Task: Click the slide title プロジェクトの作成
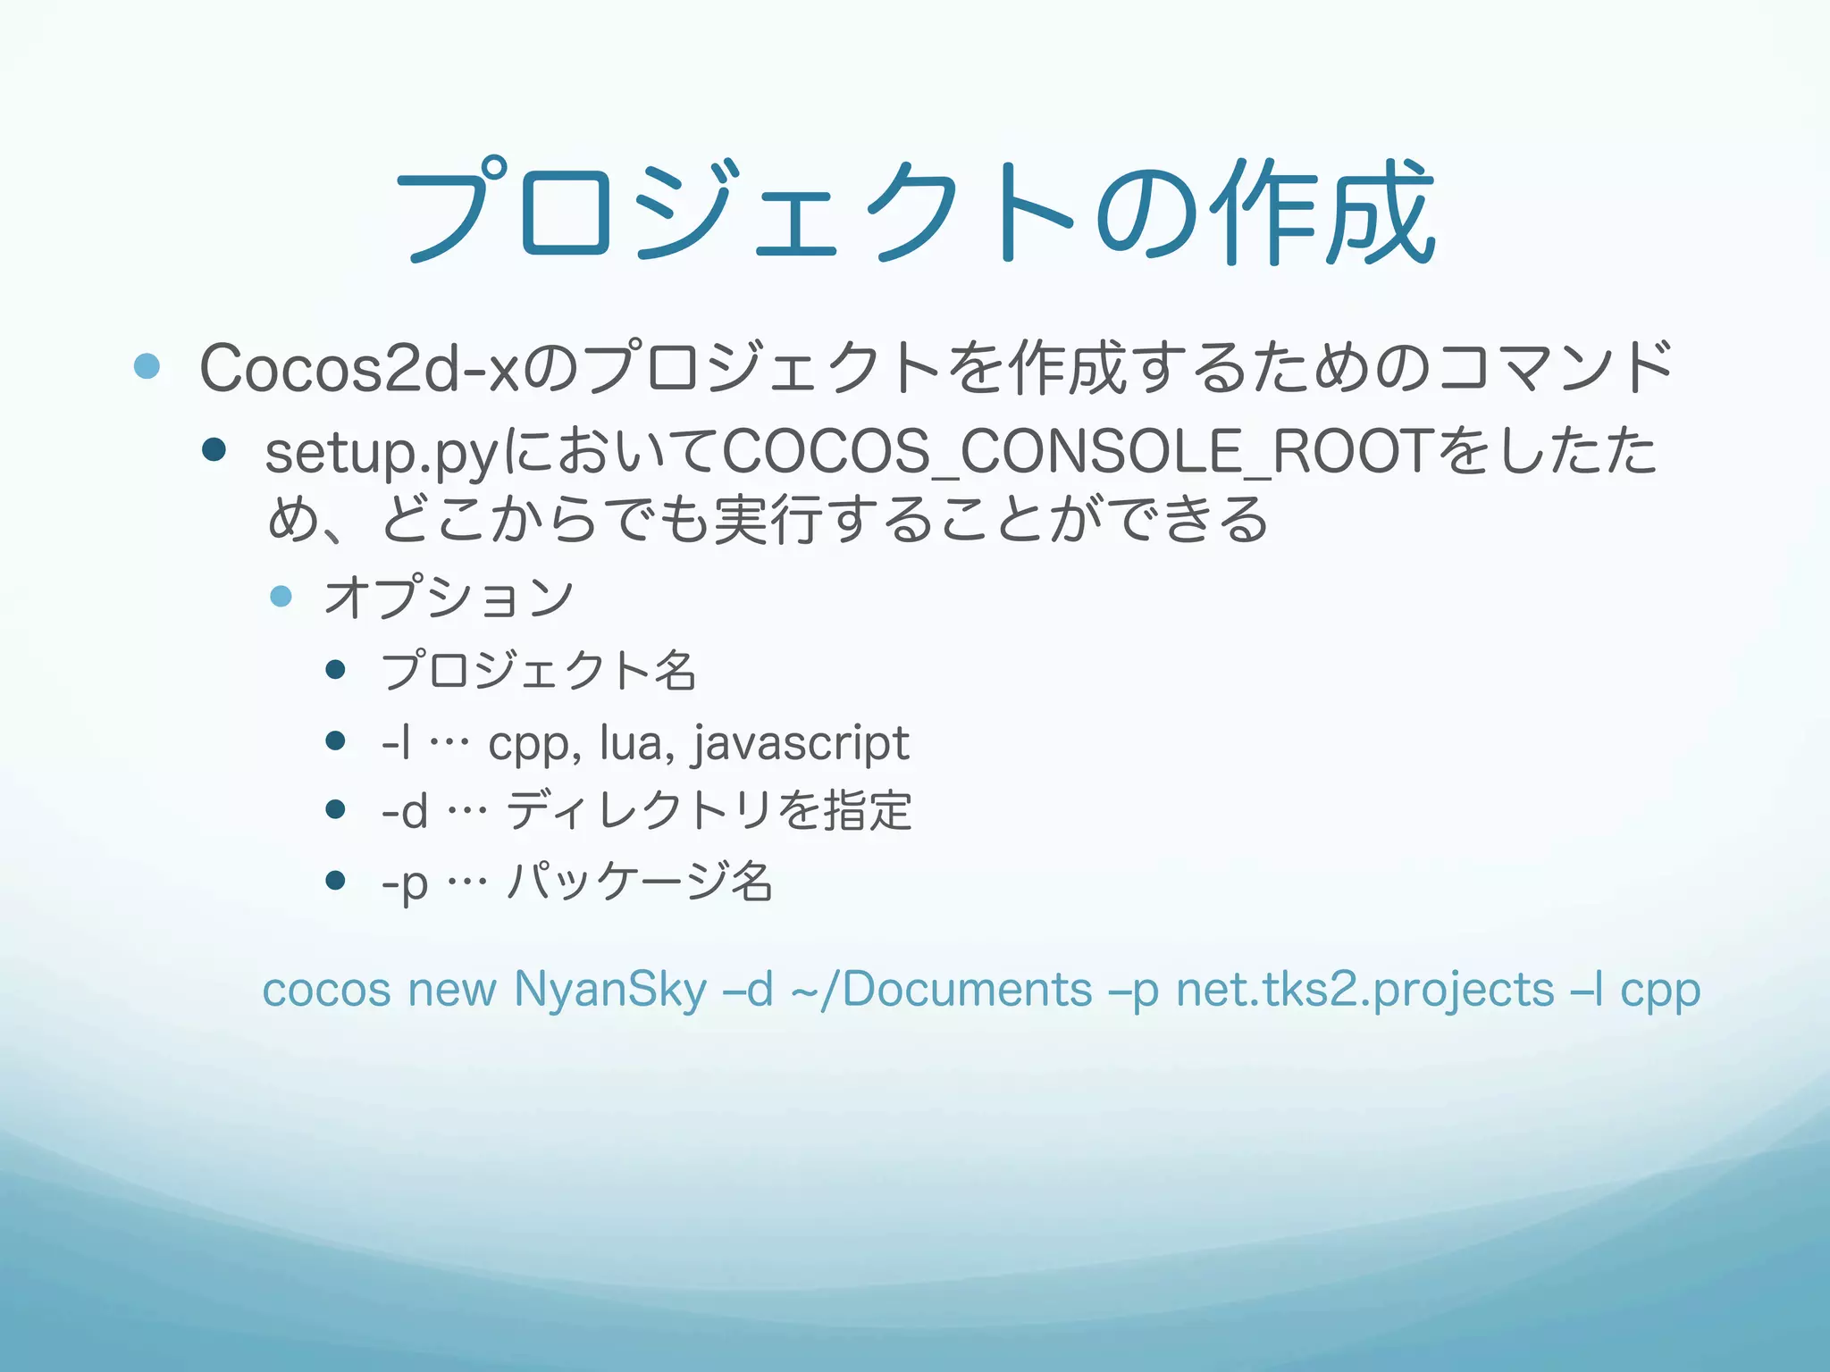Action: click(x=915, y=213)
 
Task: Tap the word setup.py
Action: click(x=381, y=452)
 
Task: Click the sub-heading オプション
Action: click(x=449, y=598)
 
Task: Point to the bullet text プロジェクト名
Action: click(x=538, y=671)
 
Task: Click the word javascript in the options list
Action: click(x=801, y=743)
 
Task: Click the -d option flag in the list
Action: click(x=404, y=811)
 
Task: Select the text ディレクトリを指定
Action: click(x=709, y=811)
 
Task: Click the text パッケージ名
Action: click(x=640, y=882)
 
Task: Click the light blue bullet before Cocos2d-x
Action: click(x=147, y=365)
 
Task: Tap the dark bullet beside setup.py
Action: click(x=214, y=448)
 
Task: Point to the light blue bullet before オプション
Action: click(x=281, y=596)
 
